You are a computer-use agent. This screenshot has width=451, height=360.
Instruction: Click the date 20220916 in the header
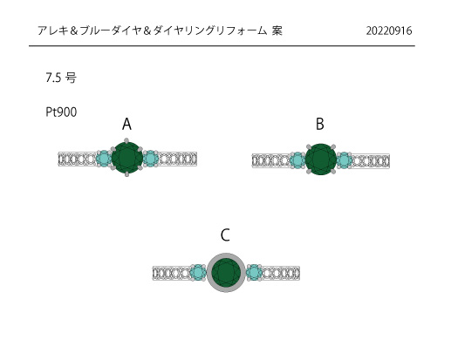pos(389,31)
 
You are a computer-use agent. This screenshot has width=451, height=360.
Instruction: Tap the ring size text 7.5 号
pos(61,78)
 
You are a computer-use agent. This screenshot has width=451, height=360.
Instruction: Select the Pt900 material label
pos(61,112)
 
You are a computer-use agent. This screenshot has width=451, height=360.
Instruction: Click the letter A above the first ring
pos(126,124)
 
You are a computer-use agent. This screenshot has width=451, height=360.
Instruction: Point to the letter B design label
pos(320,124)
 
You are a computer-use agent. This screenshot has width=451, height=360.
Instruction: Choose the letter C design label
pos(225,235)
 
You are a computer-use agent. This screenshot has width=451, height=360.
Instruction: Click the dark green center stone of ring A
pos(127,158)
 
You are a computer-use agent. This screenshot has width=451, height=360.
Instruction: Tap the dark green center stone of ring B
pos(321,160)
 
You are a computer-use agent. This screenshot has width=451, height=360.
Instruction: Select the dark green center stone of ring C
pos(226,273)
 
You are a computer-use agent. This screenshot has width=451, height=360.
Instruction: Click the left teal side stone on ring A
pos(104,159)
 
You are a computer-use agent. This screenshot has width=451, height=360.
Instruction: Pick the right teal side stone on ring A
pos(151,159)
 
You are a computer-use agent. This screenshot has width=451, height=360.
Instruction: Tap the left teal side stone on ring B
pos(297,160)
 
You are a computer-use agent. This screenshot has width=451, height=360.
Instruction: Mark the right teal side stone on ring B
pos(345,160)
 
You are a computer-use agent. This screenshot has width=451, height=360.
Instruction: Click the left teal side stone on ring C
pos(198,273)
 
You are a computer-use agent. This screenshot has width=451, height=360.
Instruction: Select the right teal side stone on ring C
pos(254,273)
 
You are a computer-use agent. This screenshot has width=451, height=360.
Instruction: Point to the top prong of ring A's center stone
pos(126,140)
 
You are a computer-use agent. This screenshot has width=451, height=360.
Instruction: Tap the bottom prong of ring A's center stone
pos(126,174)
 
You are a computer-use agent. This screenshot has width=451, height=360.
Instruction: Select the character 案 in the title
pos(277,31)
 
